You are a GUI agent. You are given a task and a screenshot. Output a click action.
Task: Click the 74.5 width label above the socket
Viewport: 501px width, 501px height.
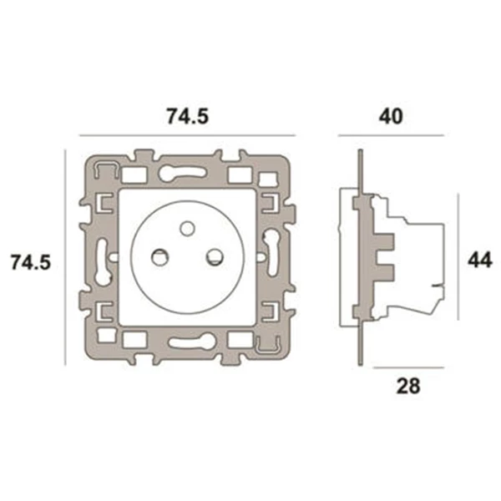pos(186,118)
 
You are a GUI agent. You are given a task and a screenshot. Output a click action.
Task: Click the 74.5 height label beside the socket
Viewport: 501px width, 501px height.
pos(32,261)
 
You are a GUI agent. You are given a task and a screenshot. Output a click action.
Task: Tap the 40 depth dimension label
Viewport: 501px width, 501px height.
pos(390,117)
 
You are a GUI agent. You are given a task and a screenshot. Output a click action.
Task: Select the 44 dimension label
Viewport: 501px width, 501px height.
pos(478,260)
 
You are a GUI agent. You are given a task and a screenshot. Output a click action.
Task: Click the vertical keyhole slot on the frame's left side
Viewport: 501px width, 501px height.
pos(103,259)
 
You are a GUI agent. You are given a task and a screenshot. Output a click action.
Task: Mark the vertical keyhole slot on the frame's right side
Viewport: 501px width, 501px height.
pos(270,250)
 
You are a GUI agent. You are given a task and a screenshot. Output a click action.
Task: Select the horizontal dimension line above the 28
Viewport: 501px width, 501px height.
pos(408,367)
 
